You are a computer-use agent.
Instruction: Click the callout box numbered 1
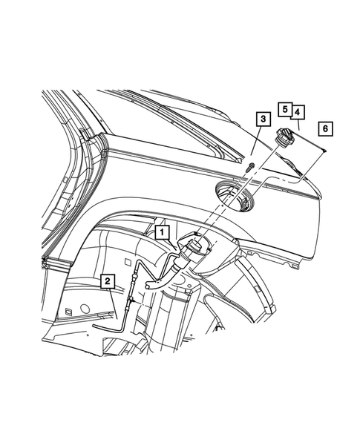click(161, 232)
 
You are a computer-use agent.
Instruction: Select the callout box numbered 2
click(108, 280)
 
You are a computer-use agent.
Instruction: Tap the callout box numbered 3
click(262, 118)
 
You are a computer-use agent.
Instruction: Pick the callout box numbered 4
click(298, 112)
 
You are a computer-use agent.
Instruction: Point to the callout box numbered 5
click(285, 108)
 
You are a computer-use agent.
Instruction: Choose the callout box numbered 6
click(324, 128)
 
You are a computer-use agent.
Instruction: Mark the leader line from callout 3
click(257, 143)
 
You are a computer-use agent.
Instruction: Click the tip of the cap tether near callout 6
click(327, 154)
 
